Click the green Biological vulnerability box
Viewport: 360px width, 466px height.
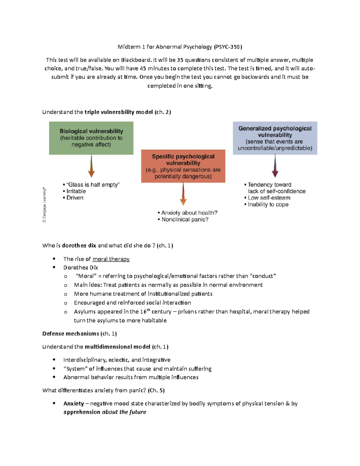[91, 138]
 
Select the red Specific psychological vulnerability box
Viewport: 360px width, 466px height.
[183, 166]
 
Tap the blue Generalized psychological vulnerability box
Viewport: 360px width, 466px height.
[275, 138]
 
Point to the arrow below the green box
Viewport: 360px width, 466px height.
[91, 166]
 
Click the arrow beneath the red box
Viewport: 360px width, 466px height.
[183, 194]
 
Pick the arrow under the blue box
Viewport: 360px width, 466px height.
[275, 166]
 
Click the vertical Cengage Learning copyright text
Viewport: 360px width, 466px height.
[44, 205]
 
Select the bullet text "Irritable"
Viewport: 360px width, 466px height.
[76, 191]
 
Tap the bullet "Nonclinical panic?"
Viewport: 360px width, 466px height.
[185, 219]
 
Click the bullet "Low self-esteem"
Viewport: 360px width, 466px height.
[269, 198]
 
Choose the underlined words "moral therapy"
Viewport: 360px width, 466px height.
[111, 259]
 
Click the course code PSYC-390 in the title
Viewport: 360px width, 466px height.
[227, 47]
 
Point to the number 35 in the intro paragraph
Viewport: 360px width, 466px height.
[180, 60]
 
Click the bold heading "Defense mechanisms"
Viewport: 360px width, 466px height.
[70, 334]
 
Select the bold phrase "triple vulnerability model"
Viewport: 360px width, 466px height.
[118, 112]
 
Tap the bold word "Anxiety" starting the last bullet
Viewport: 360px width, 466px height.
[73, 404]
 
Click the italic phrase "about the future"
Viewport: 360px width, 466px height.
[124, 412]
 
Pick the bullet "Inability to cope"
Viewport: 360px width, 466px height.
[268, 204]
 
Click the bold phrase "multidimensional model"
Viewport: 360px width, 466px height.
[117, 347]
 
